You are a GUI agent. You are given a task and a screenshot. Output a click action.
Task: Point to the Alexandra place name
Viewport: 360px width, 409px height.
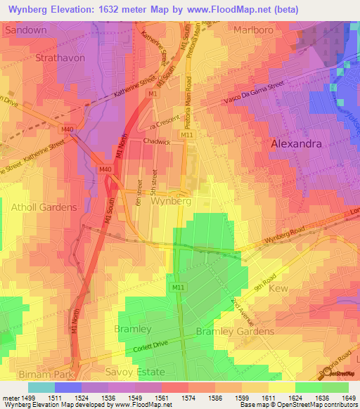point(296,143)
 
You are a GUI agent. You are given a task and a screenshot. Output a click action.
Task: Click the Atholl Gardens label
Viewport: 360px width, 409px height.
point(44,207)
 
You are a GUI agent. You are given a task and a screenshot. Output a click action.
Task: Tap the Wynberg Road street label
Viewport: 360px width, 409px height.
point(285,238)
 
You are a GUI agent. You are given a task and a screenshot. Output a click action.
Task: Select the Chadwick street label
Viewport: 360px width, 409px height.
point(157,141)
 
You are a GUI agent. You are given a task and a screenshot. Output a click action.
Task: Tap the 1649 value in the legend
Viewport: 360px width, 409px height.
point(348,398)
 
